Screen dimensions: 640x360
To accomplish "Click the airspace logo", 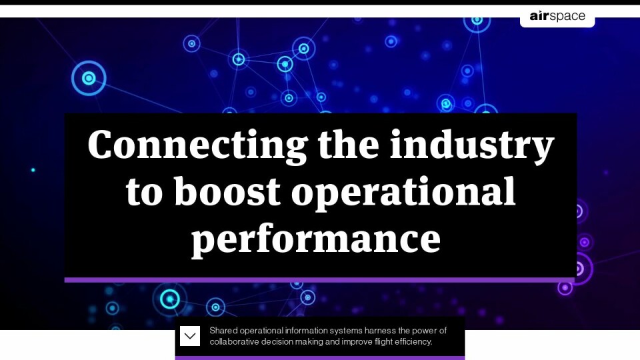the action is click(557, 16).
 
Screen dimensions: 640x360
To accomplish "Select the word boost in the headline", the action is click(227, 191).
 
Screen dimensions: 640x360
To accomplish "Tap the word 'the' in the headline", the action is click(349, 144).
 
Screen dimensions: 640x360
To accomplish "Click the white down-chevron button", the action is click(190, 336).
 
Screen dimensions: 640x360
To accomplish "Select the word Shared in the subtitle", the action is click(224, 331).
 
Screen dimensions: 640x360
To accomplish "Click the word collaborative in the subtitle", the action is click(234, 341).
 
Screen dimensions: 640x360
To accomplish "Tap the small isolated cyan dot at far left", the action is click(33, 170).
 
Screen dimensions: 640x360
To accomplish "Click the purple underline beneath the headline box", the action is click(319, 280).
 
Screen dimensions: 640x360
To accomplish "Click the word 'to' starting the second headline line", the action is click(145, 193).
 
